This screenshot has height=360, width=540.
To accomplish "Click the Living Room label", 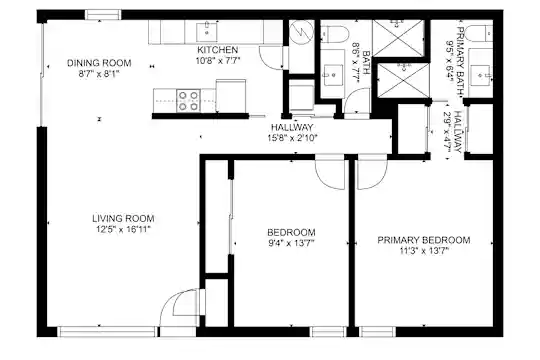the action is (x=123, y=218).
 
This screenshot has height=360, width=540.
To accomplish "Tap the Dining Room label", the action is (x=99, y=63).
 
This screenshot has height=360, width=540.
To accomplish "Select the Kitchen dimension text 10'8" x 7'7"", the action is (x=218, y=61).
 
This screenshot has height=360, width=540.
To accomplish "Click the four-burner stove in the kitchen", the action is (x=188, y=101).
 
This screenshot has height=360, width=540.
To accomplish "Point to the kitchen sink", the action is (x=207, y=32).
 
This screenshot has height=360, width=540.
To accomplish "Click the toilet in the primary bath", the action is (x=479, y=34).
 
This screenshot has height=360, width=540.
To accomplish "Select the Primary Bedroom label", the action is (x=424, y=240).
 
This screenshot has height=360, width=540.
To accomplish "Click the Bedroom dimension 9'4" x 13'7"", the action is (x=291, y=244).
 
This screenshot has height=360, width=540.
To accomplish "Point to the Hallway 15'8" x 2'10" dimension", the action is (x=292, y=138).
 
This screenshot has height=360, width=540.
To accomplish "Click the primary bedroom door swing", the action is (x=373, y=172).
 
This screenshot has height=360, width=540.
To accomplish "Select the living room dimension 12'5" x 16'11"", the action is (x=123, y=229).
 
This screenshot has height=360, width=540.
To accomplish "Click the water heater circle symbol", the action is (x=301, y=32).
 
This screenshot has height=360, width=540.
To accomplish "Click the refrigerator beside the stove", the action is (x=231, y=96).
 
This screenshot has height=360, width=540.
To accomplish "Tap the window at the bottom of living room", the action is (x=107, y=332).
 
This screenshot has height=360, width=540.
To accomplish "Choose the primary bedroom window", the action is (x=377, y=332).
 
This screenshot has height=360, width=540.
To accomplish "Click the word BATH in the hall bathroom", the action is (x=366, y=63).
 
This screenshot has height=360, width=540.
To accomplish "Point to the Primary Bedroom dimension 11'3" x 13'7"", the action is (x=424, y=251).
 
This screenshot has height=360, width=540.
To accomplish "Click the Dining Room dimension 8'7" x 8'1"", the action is (x=99, y=74).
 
